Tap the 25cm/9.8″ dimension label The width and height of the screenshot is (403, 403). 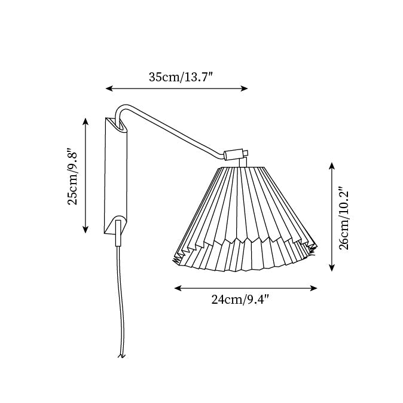tap(72, 177)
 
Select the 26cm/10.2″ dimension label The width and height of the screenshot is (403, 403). tap(343, 218)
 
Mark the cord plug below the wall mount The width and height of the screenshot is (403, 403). tap(118, 233)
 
